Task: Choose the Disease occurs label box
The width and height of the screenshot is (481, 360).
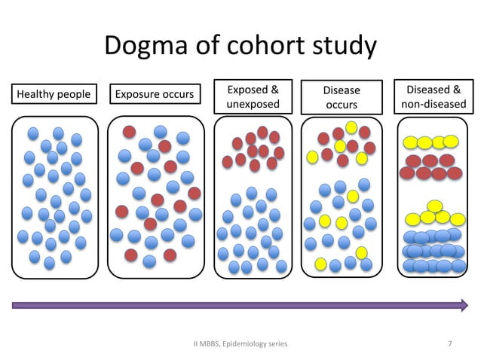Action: pos(342,97)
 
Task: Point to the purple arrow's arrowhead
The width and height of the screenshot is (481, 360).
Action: pos(463,305)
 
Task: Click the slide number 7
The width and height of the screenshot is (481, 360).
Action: pos(450,344)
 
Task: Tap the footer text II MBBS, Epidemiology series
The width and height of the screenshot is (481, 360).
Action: pos(240,344)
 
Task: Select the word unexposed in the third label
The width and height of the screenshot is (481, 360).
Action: pos(253,104)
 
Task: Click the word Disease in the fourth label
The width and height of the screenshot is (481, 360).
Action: pos(342,90)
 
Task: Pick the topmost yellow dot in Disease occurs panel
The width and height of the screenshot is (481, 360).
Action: pos(351,127)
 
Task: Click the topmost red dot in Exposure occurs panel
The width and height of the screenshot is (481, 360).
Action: pos(130,131)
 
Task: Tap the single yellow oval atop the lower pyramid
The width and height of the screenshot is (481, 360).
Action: pos(434,206)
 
